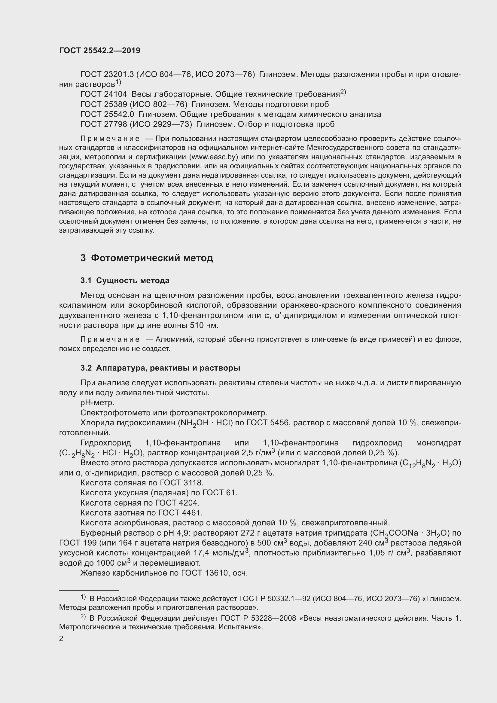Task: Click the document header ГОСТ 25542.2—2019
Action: click(100, 51)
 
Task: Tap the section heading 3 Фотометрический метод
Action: click(147, 258)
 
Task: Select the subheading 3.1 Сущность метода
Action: click(125, 280)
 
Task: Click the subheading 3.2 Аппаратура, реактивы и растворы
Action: click(160, 368)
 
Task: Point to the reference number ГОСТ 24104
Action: click(103, 95)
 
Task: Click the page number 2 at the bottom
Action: click(61, 639)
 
